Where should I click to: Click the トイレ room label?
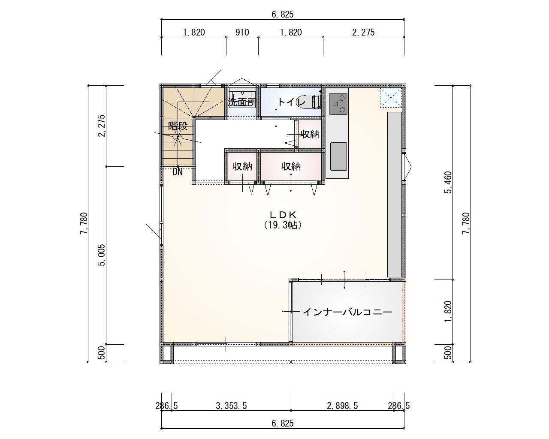(291, 102)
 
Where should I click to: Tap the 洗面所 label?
(242, 102)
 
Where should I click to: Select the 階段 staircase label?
(178, 126)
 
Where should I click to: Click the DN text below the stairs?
(178, 172)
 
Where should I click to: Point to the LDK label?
(283, 214)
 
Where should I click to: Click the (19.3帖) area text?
(283, 225)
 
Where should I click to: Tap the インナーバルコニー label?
(347, 312)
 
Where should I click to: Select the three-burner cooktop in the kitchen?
(338, 104)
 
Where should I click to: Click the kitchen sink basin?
(338, 156)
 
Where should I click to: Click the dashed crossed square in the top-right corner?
(391, 97)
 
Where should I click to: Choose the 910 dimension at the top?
(242, 33)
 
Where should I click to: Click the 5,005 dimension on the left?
(102, 255)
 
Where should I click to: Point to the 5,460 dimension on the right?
(448, 182)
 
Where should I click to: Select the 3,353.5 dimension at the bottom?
(231, 406)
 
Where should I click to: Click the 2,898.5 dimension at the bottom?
(342, 406)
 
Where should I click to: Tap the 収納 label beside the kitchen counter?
(310, 134)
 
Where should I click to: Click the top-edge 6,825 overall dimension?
(283, 15)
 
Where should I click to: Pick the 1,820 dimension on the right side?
(448, 311)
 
